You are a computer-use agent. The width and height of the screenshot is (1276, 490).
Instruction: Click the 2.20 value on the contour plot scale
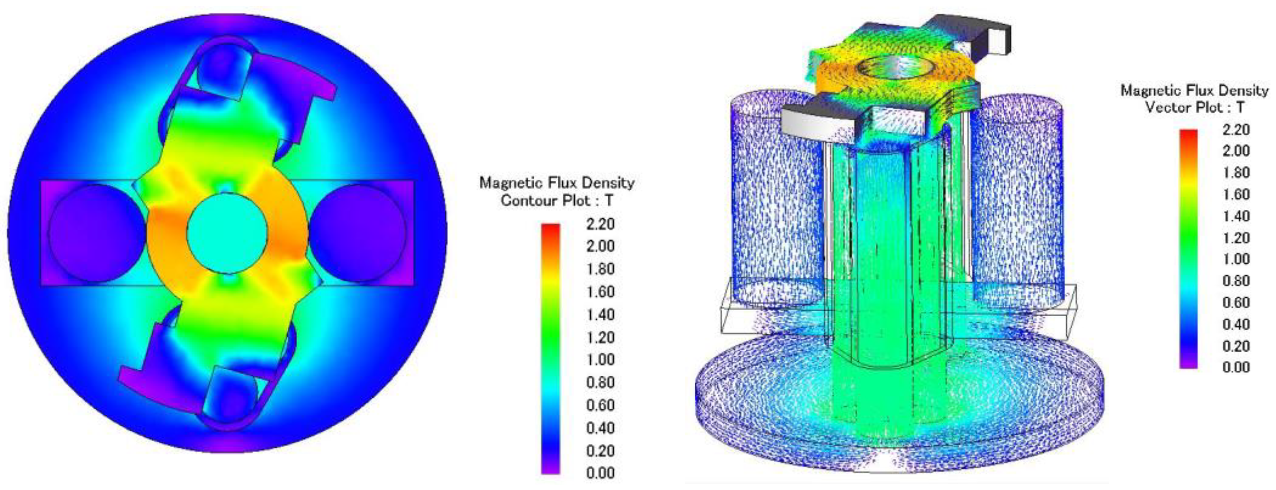(x=600, y=224)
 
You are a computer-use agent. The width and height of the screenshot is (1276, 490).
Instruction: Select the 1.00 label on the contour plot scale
(x=600, y=360)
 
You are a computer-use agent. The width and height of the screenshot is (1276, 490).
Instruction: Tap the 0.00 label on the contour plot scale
(x=600, y=473)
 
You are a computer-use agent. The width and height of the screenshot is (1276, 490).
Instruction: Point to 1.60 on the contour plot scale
(x=600, y=292)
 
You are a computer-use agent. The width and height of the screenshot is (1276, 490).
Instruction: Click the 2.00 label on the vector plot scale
(x=1236, y=151)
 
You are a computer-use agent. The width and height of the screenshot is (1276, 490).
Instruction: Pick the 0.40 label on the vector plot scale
(x=1236, y=324)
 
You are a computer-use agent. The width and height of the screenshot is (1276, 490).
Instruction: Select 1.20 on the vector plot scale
(x=1236, y=238)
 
